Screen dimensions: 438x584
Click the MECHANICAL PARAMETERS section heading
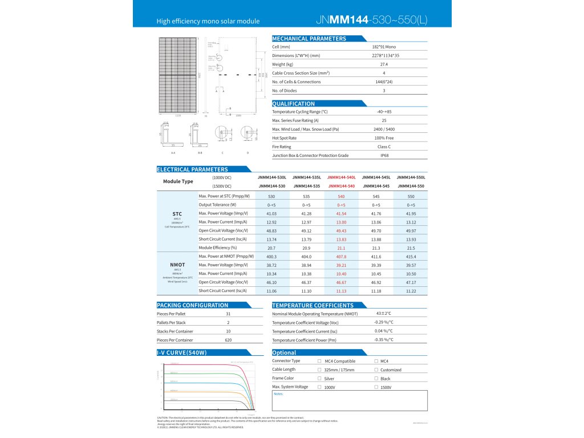pyautogui.click(x=309, y=39)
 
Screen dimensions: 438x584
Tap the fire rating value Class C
pyautogui.click(x=384, y=147)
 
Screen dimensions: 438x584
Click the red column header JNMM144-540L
pyautogui.click(x=342, y=177)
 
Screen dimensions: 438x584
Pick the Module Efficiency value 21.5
pyautogui.click(x=411, y=248)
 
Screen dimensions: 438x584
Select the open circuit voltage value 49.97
pyautogui.click(x=411, y=230)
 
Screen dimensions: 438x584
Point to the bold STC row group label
pyautogui.click(x=177, y=213)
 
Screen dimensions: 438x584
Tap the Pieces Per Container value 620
pyautogui.click(x=228, y=340)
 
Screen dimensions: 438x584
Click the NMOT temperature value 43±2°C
pyautogui.click(x=383, y=314)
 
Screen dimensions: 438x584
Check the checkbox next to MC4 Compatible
pyautogui.click(x=319, y=361)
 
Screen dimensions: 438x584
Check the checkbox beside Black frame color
pyautogui.click(x=376, y=378)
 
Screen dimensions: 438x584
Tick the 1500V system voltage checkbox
pyautogui.click(x=376, y=387)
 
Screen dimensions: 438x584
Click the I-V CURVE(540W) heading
pyautogui.click(x=182, y=352)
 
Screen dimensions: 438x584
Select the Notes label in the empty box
pyautogui.click(x=278, y=394)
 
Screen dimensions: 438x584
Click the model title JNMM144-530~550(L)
pyautogui.click(x=370, y=21)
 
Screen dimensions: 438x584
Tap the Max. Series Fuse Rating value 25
pyautogui.click(x=384, y=121)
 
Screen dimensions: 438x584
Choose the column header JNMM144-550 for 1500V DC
pyautogui.click(x=411, y=186)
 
